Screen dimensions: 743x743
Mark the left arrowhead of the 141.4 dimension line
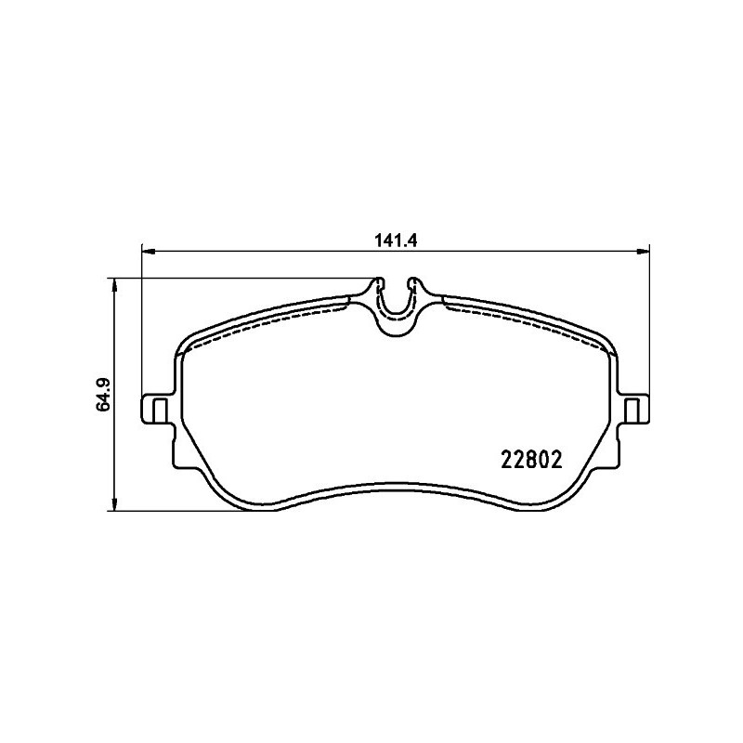pos(146,249)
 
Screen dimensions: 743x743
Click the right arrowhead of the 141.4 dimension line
pos(643,249)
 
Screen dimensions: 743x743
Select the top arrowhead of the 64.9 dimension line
pos(113,283)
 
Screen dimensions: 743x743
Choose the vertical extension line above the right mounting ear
pos(647,325)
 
